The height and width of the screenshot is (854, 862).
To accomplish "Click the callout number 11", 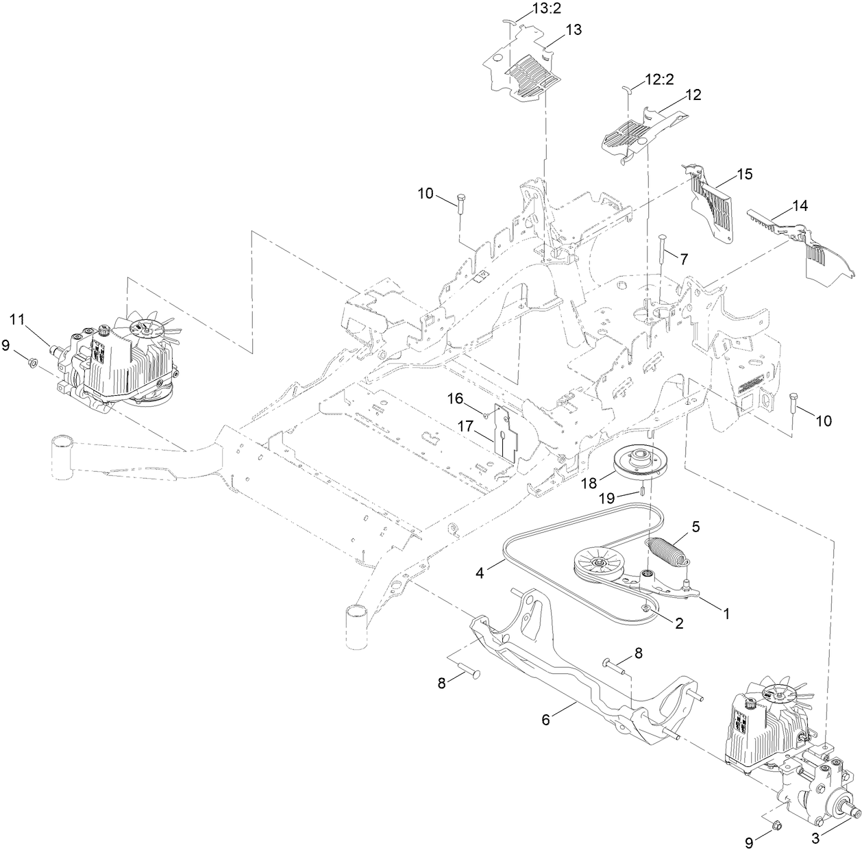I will click(x=16, y=318).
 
